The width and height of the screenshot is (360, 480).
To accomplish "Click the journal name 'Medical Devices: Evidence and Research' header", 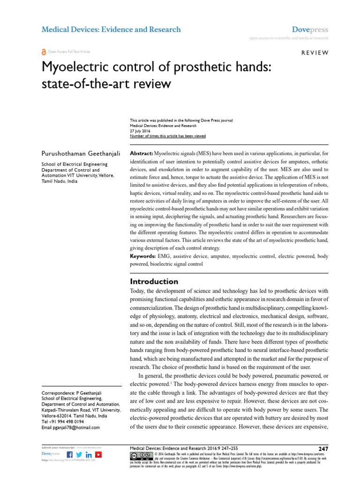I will [x=111, y=30].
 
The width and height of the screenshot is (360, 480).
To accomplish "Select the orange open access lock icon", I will [x=44, y=52].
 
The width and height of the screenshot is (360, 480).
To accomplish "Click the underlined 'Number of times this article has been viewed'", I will [x=167, y=136].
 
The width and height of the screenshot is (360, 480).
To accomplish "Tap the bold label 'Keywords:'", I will [x=144, y=256].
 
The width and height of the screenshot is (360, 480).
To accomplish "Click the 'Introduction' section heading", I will [x=154, y=282].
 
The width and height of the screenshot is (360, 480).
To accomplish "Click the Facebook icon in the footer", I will [x=70, y=455].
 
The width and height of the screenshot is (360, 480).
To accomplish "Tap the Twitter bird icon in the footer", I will [x=79, y=455].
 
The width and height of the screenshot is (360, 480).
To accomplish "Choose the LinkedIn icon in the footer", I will [x=89, y=455].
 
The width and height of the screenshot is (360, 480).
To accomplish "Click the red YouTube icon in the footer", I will [x=98, y=455].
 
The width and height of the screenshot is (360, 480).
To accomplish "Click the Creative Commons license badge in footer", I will [x=141, y=456].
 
